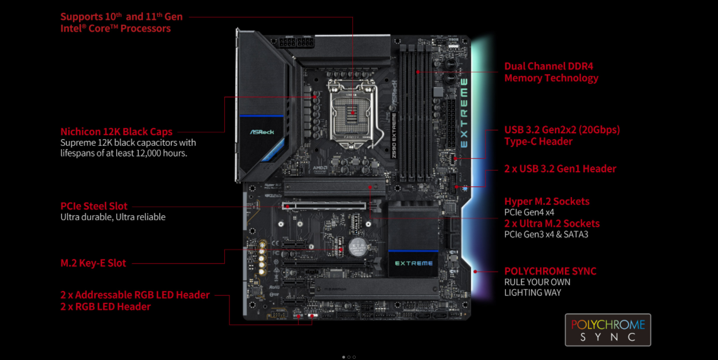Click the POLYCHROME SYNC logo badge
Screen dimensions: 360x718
(608, 330)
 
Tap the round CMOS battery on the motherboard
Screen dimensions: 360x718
(357, 247)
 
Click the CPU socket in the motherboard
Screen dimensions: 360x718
(352, 113)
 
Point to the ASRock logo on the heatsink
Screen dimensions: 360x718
(262, 132)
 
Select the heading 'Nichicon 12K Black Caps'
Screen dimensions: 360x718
(117, 132)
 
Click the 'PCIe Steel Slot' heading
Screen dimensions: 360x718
(94, 206)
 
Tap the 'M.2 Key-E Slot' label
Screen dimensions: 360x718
(93, 263)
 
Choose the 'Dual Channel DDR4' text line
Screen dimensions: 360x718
(548, 66)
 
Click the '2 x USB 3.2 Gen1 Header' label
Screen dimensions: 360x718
(560, 169)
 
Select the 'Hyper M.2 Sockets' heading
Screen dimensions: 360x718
(547, 201)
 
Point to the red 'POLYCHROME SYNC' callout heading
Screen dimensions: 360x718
(550, 271)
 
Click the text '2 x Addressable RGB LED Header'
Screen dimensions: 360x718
(135, 295)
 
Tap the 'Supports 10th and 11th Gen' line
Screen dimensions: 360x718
(121, 17)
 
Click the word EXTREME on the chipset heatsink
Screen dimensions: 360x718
(414, 263)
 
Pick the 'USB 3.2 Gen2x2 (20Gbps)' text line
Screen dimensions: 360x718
(562, 130)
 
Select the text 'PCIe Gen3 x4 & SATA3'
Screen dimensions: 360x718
(546, 234)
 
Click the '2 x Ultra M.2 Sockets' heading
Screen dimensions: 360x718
(552, 223)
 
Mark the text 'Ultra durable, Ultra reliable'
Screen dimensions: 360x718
(113, 217)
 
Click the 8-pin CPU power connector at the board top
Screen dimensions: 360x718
(297, 42)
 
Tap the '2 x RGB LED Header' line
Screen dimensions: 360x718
(106, 307)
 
